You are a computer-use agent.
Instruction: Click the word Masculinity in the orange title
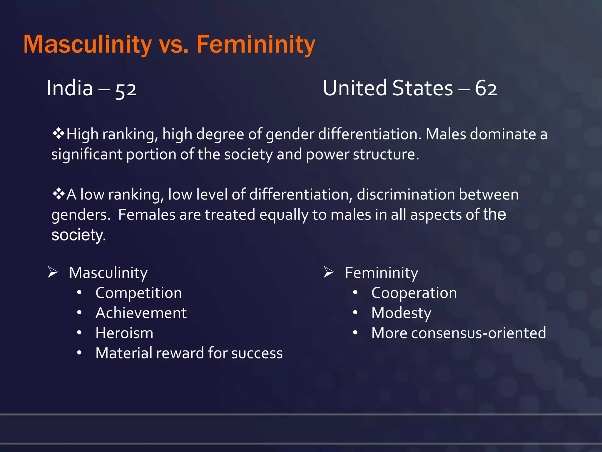point(87,45)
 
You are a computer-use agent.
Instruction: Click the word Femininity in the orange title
point(255,45)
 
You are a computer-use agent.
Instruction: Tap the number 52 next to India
point(126,89)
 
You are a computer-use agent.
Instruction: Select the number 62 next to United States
point(486,88)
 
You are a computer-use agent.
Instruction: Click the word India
point(70,88)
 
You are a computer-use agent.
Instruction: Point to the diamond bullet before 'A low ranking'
point(58,194)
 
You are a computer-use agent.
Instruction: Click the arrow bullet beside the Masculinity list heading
point(53,272)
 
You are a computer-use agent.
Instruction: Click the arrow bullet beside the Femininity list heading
point(328,272)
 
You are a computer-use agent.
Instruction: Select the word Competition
point(138,293)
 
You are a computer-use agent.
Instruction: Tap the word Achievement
point(141,313)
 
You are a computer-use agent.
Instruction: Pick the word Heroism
point(124,333)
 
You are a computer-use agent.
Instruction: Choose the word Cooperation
point(414,293)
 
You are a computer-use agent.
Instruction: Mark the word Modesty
point(401,313)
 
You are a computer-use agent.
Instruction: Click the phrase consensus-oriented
point(478,333)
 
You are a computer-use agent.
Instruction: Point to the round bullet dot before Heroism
point(79,333)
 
